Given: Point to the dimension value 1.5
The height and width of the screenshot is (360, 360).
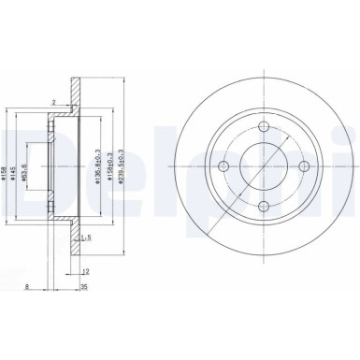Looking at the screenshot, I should (85, 238).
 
